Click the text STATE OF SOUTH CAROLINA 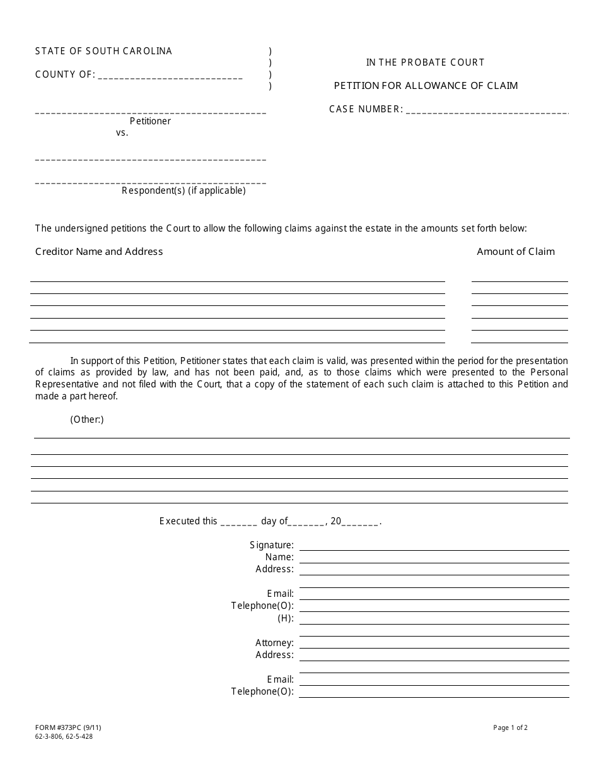tap(103, 51)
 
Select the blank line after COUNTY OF tap(170, 76)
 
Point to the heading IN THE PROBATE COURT tap(426, 62)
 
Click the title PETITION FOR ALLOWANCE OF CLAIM tap(426, 86)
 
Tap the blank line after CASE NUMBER tap(487, 111)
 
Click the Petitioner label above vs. tap(150, 121)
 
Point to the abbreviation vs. tap(122, 133)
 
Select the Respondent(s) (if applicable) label tap(183, 191)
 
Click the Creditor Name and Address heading tap(99, 252)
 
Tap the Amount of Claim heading tap(516, 252)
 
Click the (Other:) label tap(87, 420)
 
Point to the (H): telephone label tap(286, 618)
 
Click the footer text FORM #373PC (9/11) tap(68, 727)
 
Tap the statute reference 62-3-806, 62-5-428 tap(64, 736)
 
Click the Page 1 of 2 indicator tap(510, 727)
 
